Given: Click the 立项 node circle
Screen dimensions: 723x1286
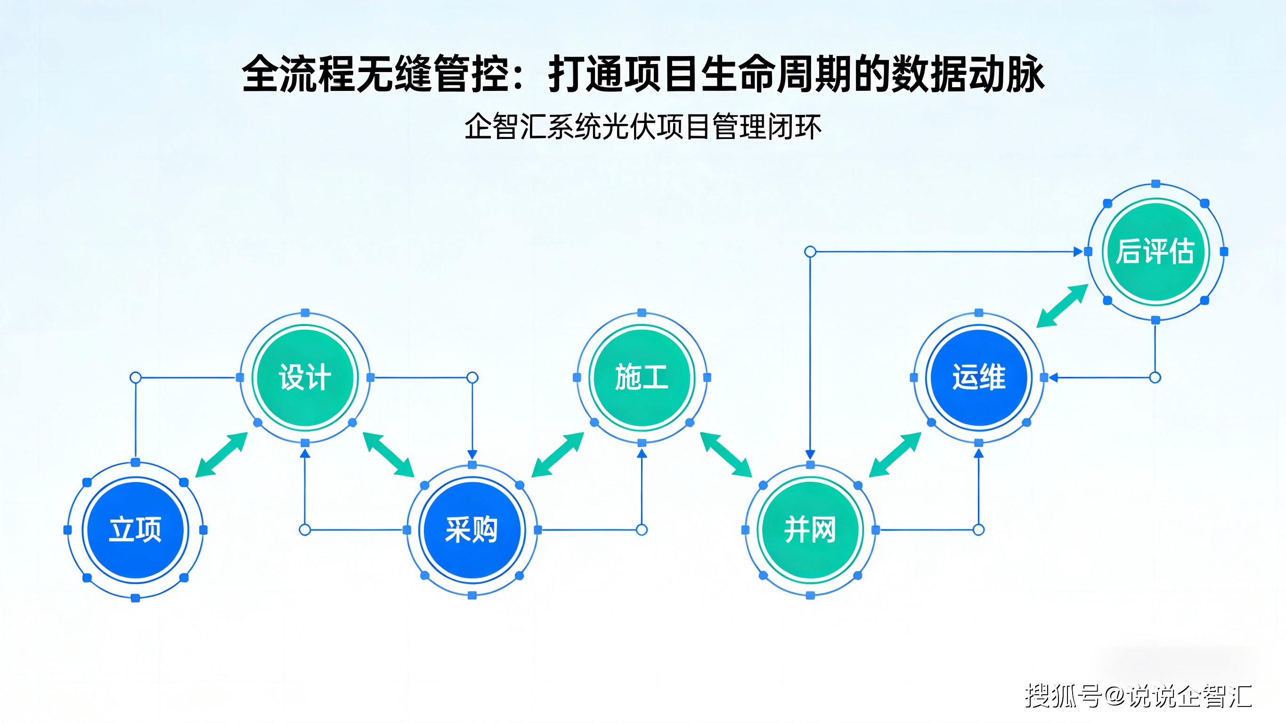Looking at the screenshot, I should coord(135,530).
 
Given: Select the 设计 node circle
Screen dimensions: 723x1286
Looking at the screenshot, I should coord(305,377).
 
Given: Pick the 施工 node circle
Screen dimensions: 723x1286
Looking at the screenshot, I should coord(642,377).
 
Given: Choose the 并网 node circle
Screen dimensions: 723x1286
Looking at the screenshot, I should coord(810,530).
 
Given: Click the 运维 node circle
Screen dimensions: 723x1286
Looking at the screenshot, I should coord(978,377).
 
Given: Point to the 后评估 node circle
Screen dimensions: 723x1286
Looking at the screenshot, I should coord(1156,252).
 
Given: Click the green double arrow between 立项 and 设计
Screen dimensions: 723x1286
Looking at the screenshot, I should coord(221,455).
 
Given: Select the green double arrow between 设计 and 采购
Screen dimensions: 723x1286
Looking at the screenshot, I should coord(389,455).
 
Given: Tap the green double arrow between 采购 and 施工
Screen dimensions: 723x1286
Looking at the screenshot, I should coord(558,455).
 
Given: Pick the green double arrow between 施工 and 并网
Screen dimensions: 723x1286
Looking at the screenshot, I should coord(726,455).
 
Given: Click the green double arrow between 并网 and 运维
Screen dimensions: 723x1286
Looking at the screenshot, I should coord(895,455).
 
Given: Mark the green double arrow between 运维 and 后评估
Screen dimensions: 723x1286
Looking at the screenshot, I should coord(1062,306).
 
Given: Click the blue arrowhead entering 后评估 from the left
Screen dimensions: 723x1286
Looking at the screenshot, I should coord(1078,252).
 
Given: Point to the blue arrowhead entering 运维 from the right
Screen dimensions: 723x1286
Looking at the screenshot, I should coord(1053,377).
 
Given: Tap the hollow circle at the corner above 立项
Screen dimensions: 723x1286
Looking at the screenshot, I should coord(135,377).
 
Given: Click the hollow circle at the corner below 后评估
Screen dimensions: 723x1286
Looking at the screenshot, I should coord(1155,377).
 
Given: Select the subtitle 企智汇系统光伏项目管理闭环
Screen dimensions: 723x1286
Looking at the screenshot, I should coord(643,127).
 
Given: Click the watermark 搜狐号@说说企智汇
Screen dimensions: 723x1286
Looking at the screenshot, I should coord(1138,696).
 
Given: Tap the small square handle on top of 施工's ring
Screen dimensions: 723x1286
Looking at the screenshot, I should coord(642,313).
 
